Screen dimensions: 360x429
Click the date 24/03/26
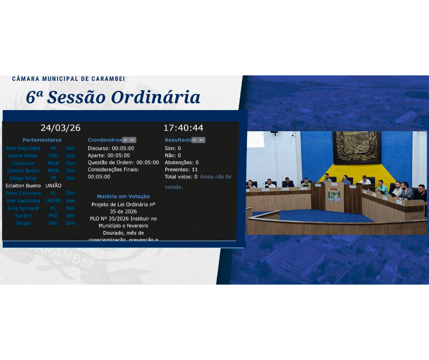tap(60, 128)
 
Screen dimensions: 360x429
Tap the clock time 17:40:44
tap(183, 128)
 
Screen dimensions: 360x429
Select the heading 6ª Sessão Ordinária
tap(113, 97)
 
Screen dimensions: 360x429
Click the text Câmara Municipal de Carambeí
tap(68, 79)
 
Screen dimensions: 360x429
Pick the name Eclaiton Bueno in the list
tap(23, 185)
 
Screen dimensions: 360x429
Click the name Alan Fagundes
tap(23, 148)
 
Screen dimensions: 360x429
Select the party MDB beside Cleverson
tap(53, 163)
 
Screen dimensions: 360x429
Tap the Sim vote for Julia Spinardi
tap(70, 208)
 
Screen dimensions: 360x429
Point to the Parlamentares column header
tap(42, 140)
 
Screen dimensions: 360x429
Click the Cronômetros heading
tap(105, 140)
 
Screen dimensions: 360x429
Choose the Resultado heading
tap(178, 140)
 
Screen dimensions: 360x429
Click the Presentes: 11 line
tap(181, 169)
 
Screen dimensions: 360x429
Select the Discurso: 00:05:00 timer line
tap(111, 148)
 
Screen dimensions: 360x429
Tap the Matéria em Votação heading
tap(123, 196)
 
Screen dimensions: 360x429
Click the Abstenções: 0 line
tap(182, 162)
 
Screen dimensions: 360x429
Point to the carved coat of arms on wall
tap(356, 148)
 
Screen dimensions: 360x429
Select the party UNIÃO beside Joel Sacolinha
tap(53, 201)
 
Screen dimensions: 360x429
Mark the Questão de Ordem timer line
tap(123, 162)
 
